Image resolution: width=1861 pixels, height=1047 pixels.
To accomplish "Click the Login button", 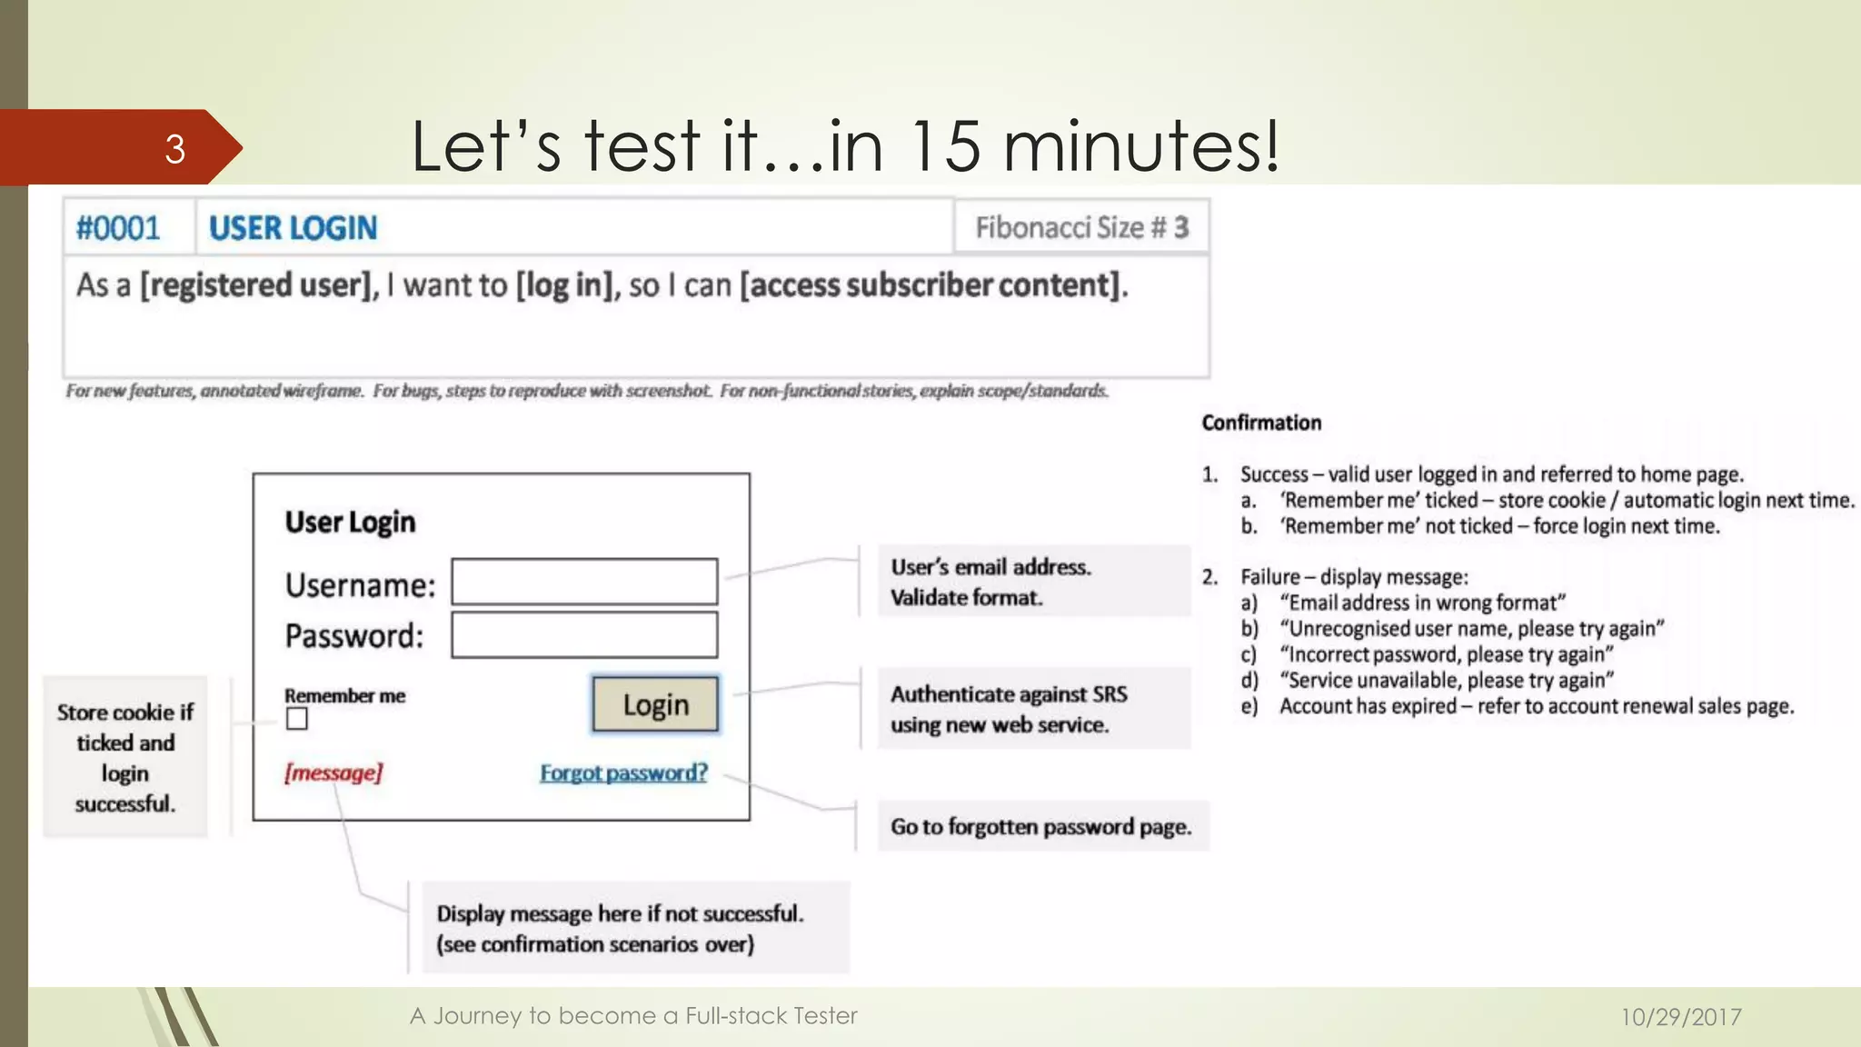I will point(655,704).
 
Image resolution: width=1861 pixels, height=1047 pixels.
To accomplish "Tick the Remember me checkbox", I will point(297,720).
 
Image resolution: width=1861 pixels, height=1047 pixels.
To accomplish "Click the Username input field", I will point(584,582).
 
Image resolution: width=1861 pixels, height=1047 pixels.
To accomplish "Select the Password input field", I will point(584,635).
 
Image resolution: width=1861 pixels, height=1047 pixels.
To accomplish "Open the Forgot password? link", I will point(623,773).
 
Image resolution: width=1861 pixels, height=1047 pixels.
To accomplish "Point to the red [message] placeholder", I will point(333,773).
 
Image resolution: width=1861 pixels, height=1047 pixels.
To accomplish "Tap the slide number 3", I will point(175,148).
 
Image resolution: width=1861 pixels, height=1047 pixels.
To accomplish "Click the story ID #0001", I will point(118,227).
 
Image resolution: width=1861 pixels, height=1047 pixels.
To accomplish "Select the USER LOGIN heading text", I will point(293,227).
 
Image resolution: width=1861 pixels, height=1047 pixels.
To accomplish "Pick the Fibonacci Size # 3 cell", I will point(1081,227).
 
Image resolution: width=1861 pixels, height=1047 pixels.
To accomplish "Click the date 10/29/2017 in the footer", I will point(1681,1016).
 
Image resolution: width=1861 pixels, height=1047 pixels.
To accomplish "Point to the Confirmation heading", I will point(1261,423).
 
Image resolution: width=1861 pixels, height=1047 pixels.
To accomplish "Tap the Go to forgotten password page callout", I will point(1041,826).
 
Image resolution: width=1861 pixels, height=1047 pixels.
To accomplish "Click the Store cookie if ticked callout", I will point(125,757).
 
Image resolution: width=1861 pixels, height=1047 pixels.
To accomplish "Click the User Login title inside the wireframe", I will point(350,522).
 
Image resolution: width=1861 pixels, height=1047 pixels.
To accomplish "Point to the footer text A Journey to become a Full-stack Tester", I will point(633,1015).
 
